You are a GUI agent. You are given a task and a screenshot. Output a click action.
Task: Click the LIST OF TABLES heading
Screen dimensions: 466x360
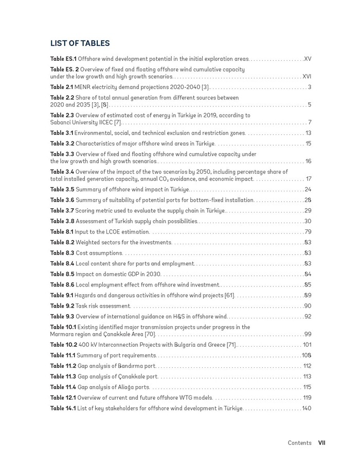80,44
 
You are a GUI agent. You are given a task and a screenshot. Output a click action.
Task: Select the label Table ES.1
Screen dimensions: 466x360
63,59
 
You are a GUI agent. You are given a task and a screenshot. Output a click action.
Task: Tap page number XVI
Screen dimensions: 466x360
307,77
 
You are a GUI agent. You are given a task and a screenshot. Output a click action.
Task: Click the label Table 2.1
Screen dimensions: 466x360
62,87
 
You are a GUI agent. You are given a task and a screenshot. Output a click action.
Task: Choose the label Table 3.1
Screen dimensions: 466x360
62,133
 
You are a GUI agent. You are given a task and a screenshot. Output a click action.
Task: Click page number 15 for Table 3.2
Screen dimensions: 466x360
308,144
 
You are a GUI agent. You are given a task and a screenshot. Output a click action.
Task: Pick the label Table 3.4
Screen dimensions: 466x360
62,172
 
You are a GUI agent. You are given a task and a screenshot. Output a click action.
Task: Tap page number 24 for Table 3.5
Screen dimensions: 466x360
308,190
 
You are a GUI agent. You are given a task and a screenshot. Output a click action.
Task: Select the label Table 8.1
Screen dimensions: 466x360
62,232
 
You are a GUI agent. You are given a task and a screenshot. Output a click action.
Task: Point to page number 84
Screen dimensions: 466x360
308,274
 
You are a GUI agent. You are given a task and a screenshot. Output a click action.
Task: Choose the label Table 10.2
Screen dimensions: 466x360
64,345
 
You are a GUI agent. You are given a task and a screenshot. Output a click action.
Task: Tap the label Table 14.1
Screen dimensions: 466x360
63,408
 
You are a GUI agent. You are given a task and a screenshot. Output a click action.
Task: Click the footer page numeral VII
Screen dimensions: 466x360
321,443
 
